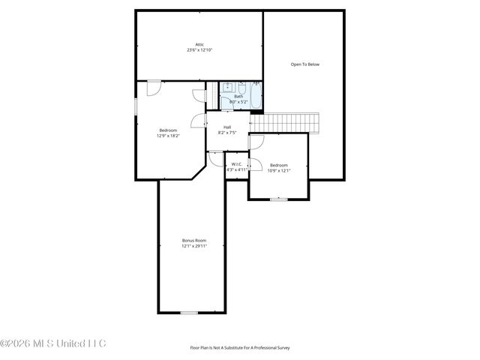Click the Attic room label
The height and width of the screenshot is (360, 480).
tap(199, 44)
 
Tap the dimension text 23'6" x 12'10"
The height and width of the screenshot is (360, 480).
tap(199, 50)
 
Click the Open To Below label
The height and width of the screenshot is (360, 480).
tap(304, 64)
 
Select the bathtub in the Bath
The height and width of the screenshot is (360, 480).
tap(256, 95)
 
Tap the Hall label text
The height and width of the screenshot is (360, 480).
tap(226, 127)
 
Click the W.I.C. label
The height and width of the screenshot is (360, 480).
tap(236, 164)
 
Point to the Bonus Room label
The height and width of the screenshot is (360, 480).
tap(193, 240)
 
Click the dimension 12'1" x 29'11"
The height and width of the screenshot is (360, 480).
tap(193, 246)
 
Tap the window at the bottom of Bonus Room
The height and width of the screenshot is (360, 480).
tap(189, 312)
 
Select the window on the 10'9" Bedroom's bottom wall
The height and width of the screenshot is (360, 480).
tap(278, 199)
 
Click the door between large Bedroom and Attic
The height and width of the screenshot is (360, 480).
tap(153, 87)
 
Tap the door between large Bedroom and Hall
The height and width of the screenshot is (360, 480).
tap(199, 120)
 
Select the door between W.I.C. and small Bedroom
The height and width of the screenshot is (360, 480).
tap(253, 165)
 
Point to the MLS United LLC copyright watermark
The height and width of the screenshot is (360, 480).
tap(53, 343)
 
